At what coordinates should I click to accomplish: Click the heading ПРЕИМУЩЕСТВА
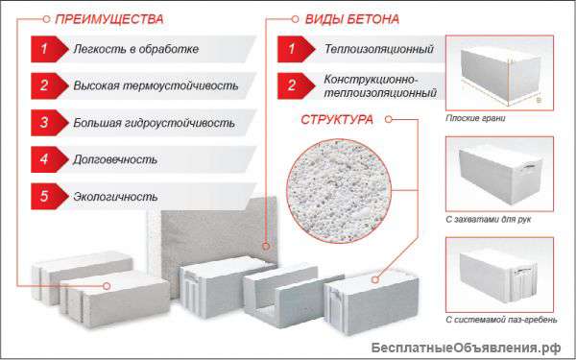pos(109,18)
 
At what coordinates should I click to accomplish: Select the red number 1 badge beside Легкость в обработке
pos(42,48)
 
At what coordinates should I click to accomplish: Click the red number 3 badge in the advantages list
pos(42,123)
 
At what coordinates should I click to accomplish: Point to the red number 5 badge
pos(42,196)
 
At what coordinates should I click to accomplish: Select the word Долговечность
pos(114,159)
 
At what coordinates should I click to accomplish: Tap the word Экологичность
pos(114,196)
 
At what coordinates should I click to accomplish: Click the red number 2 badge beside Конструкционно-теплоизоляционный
pos(289,84)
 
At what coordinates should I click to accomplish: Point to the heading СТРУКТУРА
pos(339,121)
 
